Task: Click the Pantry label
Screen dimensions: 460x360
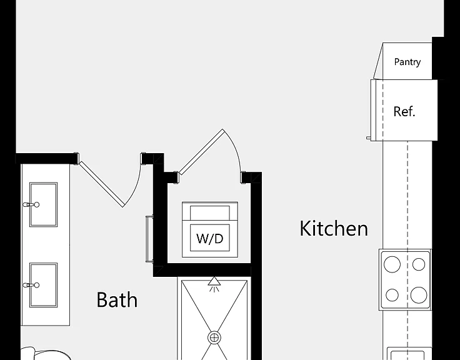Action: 407,62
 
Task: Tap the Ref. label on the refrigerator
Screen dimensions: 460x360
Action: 404,111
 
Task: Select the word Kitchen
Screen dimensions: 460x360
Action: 334,228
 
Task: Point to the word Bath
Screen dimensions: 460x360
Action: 117,299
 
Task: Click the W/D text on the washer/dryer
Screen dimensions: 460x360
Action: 210,239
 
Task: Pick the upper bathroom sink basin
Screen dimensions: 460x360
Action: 43,204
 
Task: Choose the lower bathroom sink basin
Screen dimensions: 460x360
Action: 43,285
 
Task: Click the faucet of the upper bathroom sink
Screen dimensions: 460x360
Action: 31,204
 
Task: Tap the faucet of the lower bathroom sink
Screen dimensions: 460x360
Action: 31,285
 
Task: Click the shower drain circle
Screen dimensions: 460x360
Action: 214,337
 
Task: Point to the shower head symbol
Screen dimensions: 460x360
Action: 214,283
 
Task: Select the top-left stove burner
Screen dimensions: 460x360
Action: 392,264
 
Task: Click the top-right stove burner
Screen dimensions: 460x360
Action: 419,264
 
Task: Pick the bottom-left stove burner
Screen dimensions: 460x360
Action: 392,295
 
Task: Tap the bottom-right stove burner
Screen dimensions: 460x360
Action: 419,295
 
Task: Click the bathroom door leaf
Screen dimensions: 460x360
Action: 101,184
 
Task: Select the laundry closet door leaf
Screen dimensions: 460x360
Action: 201,152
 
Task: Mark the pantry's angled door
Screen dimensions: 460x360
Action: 378,61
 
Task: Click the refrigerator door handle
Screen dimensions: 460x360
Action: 368,137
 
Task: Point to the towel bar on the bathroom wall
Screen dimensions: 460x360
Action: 149,239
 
